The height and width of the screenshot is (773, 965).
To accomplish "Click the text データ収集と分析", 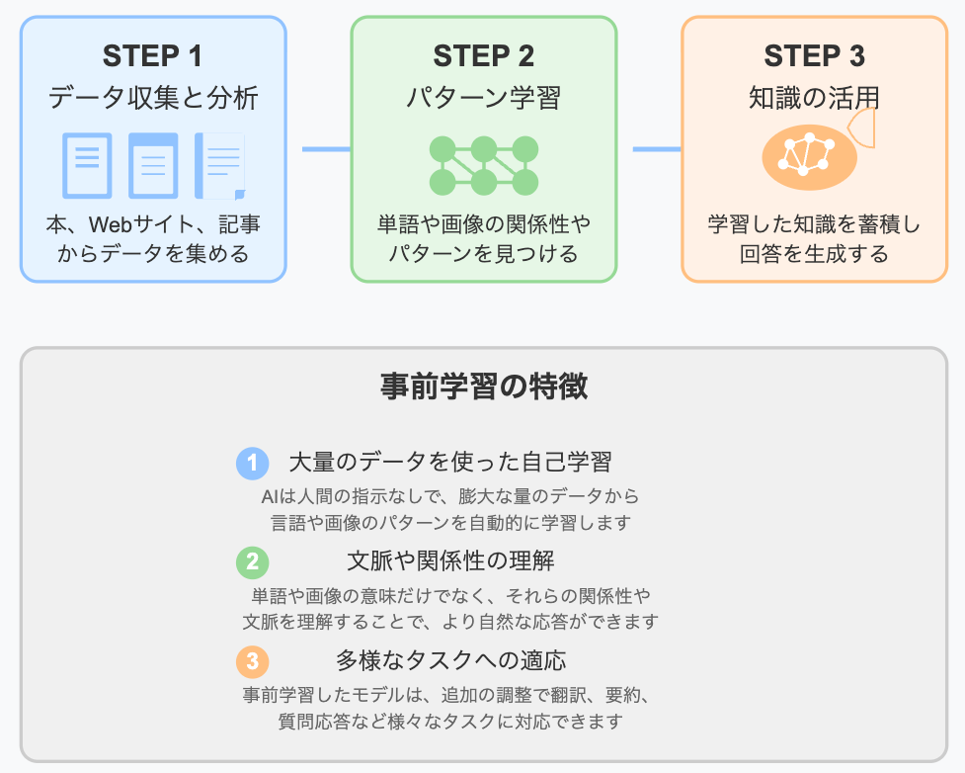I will click(153, 98).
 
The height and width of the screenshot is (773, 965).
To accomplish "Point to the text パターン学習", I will click(484, 98).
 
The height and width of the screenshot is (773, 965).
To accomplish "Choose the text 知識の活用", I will click(814, 98).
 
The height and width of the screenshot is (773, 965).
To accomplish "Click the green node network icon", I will click(484, 165).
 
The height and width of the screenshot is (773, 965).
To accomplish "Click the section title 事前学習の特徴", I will click(483, 386).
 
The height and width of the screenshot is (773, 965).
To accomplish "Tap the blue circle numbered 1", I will click(253, 463).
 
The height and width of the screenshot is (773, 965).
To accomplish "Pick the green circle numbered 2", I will click(253, 561).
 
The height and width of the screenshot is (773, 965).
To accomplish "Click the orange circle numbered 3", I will click(253, 660).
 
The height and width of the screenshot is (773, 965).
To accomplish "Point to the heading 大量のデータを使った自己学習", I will click(450, 462).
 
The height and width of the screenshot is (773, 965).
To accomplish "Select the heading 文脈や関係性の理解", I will click(450, 561).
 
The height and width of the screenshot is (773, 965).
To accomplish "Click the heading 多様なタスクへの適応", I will click(450, 660).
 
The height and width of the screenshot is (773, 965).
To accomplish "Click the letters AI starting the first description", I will click(270, 495).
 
